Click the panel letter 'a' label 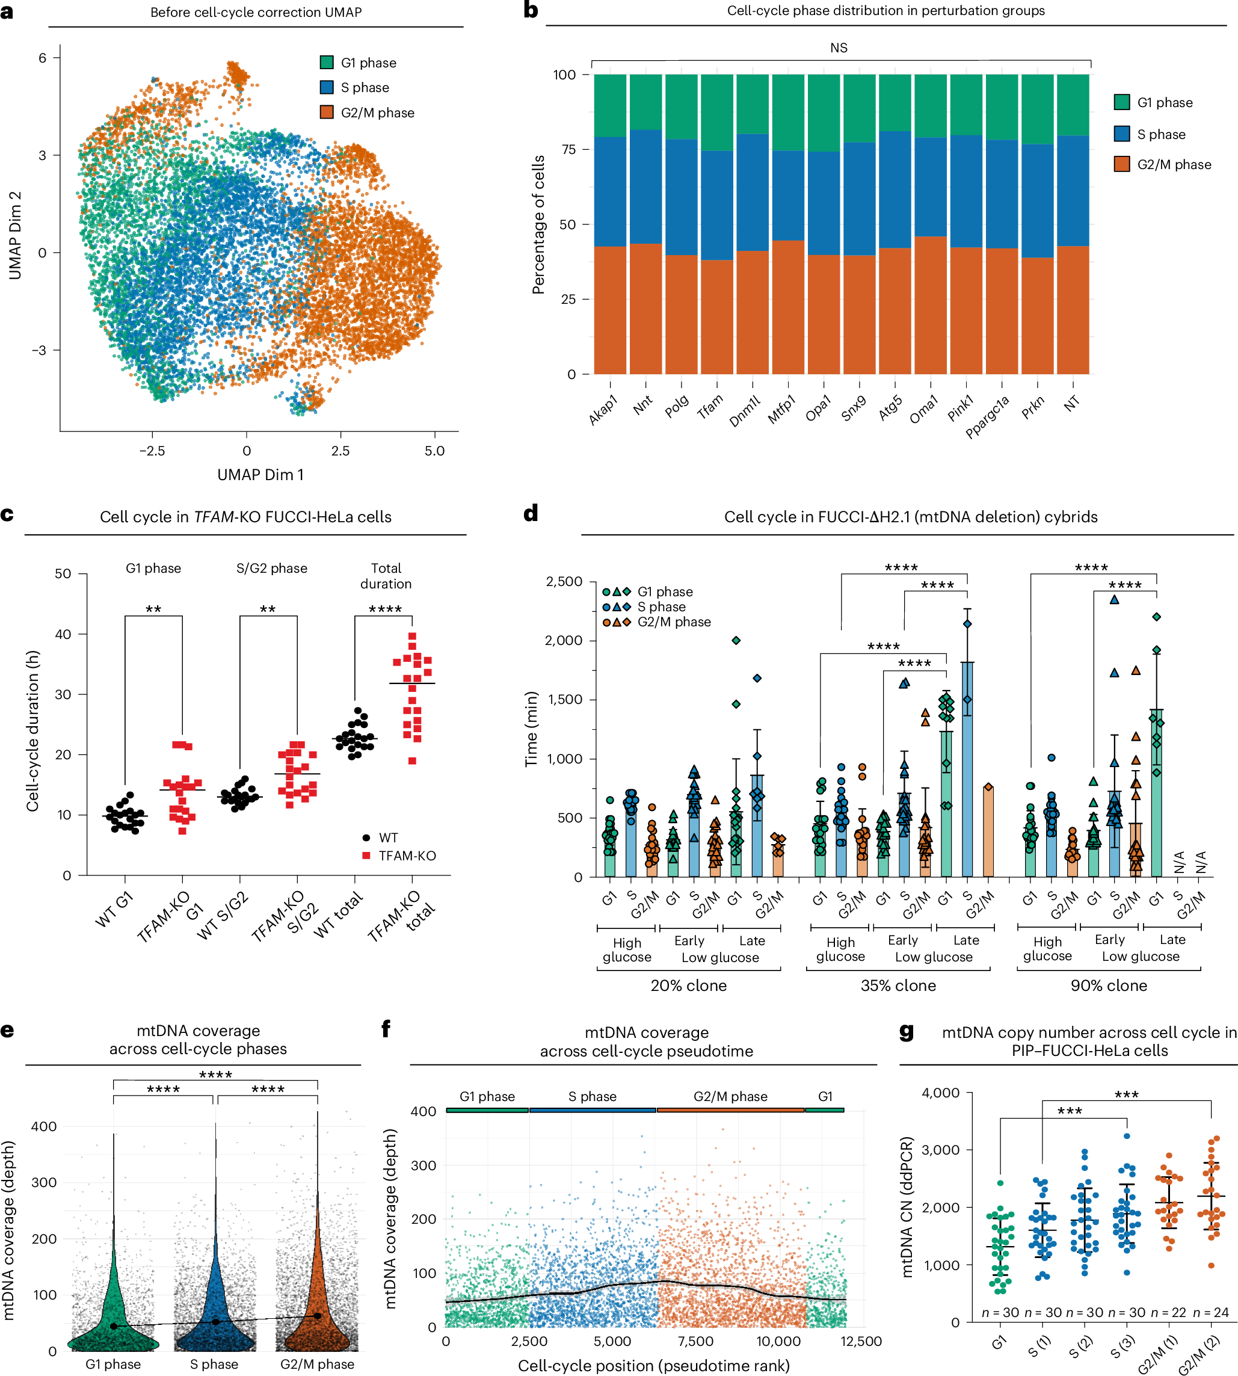tap(7, 11)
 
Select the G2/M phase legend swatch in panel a tap(327, 113)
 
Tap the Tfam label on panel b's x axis tap(710, 407)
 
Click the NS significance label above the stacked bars tap(838, 48)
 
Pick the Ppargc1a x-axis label tap(987, 417)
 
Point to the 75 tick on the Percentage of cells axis tap(567, 149)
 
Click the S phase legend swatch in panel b tap(1122, 134)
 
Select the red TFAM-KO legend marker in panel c tap(366, 856)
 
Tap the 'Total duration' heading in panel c tap(386, 575)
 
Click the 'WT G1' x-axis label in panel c tap(114, 910)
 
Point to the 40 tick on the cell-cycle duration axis tap(63, 634)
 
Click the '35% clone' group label tap(898, 986)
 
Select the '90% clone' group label tap(1109, 986)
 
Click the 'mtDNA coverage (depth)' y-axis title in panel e tap(8, 1230)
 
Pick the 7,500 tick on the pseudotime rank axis tap(695, 1341)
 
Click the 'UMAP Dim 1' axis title tap(260, 475)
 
